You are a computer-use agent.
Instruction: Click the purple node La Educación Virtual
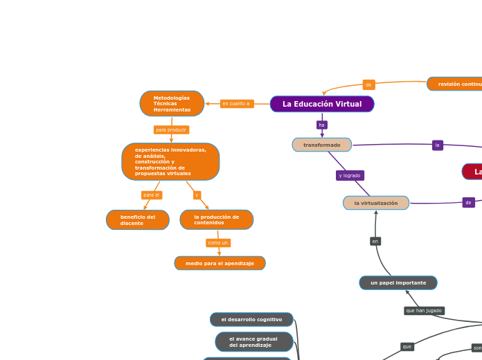tap(322, 104)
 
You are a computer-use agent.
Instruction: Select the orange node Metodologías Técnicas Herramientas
tap(172, 104)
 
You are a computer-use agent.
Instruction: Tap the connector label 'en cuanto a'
tap(237, 104)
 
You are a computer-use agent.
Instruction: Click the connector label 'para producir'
tap(171, 129)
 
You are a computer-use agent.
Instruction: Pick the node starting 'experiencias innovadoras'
tap(170, 162)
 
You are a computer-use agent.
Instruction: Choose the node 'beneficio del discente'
tap(138, 220)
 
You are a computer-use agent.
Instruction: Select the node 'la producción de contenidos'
tap(217, 220)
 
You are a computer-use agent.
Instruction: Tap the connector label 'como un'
tap(218, 243)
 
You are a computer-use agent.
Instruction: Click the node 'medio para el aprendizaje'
tap(220, 263)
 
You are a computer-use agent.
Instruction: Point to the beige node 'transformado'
tap(322, 145)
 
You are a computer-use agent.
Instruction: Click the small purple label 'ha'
tap(321, 125)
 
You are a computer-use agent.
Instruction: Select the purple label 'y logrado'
tap(350, 176)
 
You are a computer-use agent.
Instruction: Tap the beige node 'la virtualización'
tap(376, 203)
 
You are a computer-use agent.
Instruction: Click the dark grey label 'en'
tap(375, 242)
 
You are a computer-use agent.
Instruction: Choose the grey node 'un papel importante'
tap(398, 282)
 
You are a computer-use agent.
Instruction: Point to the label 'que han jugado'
tap(424, 311)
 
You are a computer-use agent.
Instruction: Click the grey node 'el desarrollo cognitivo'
tap(251, 319)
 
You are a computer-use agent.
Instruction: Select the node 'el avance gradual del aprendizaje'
tap(253, 342)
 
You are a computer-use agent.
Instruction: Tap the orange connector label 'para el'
tap(151, 195)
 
